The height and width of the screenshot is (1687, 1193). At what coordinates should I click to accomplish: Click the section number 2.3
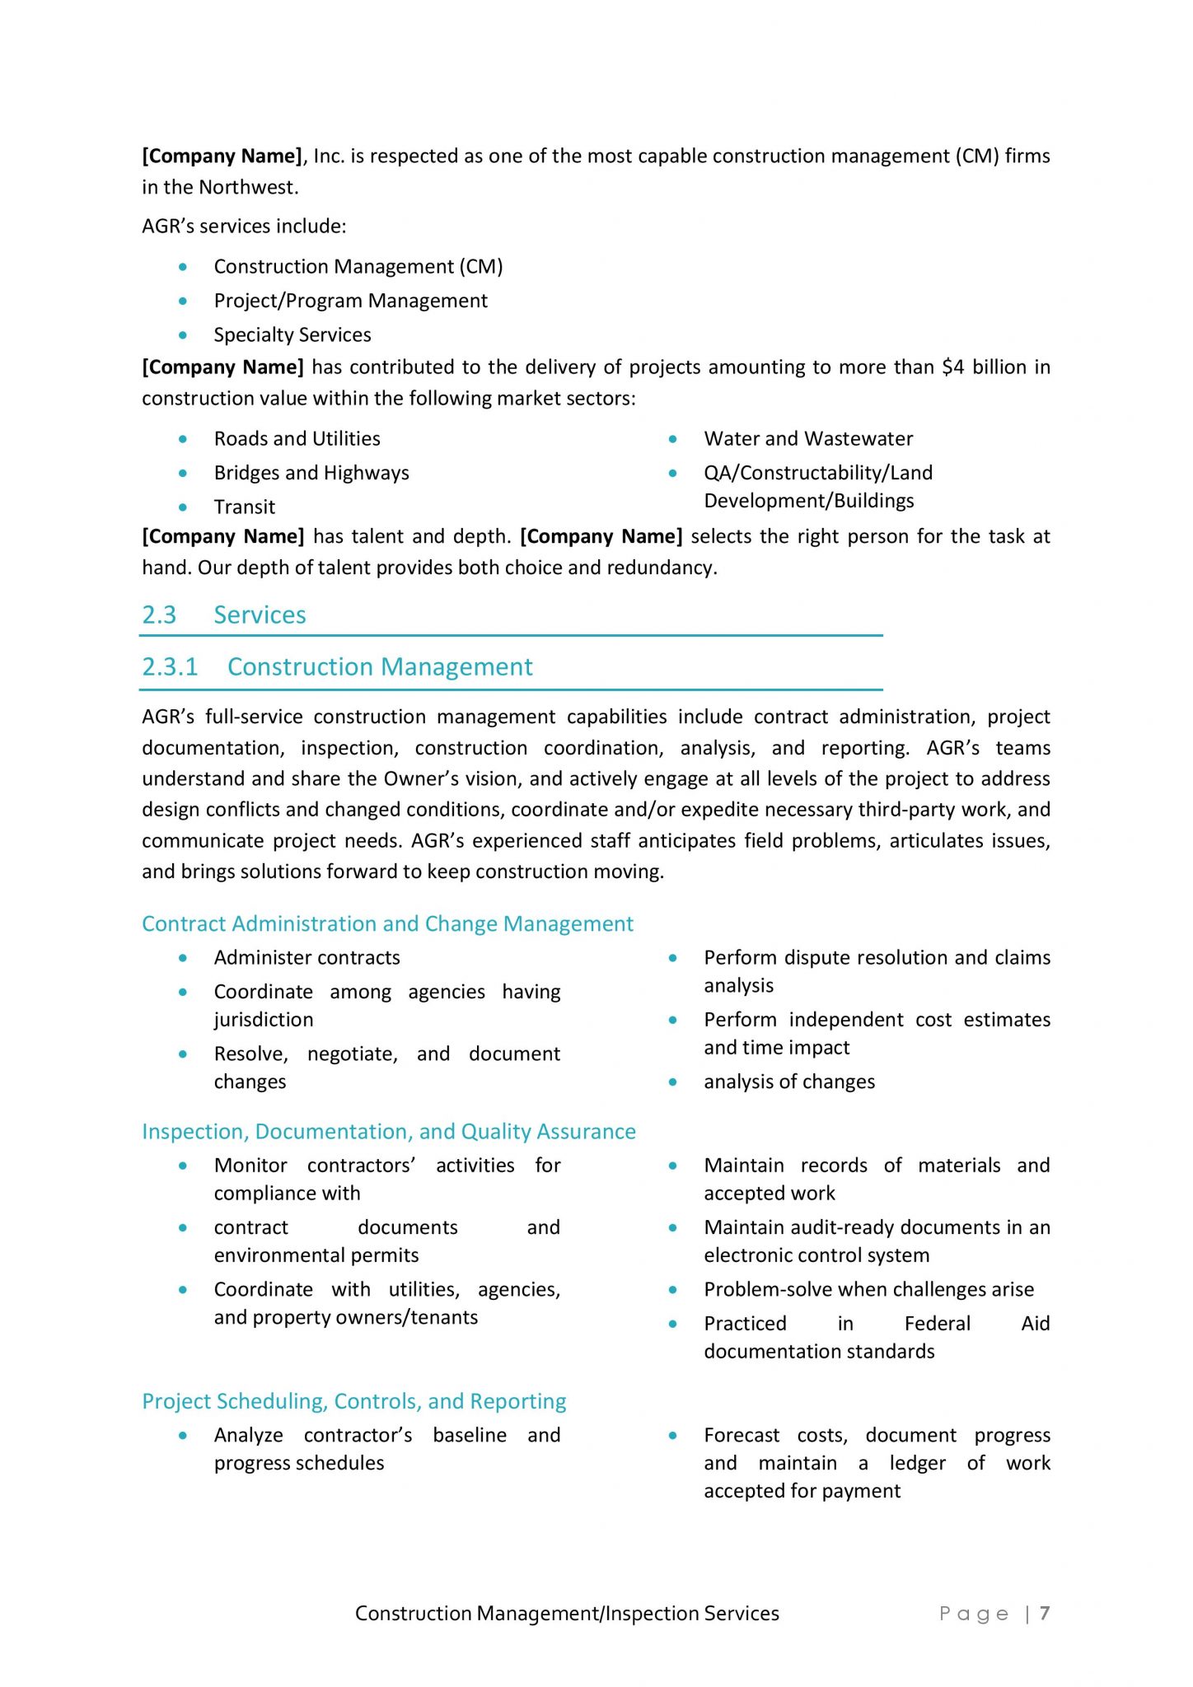(159, 615)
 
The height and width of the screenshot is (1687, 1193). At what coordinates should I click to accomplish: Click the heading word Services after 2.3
(260, 615)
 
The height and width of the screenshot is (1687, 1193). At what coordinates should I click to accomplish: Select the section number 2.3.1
(170, 666)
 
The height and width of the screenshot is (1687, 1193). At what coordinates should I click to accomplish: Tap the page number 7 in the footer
(1044, 1613)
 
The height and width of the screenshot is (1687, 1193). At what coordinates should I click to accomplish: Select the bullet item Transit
(244, 507)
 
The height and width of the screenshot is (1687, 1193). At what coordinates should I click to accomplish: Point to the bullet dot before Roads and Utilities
(183, 439)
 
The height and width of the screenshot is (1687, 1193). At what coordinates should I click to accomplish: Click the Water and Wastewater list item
(807, 438)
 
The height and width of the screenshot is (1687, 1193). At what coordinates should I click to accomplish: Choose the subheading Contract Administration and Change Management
(387, 923)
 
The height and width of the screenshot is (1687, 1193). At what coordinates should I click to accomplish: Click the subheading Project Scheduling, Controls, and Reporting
(354, 1401)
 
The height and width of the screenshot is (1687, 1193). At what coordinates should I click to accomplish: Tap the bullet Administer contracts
(306, 957)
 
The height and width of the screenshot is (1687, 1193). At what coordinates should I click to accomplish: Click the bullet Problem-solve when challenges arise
(868, 1289)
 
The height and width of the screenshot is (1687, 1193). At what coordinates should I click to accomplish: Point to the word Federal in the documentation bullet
(937, 1323)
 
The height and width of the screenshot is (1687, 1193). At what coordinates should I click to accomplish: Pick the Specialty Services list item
(292, 334)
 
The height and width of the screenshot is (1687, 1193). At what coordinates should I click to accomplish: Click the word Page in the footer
(974, 1614)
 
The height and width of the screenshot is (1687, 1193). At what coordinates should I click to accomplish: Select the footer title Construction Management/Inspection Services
(567, 1613)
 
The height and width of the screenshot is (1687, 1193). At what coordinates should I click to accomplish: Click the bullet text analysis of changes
(788, 1082)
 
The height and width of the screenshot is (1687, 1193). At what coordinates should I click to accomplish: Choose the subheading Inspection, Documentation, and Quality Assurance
(389, 1131)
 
